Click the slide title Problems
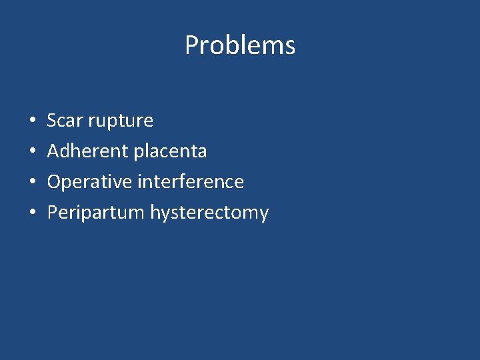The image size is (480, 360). coord(240,45)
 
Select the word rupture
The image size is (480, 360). coord(122,121)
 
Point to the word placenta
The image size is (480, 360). coord(170,151)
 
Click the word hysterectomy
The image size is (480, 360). coord(209,213)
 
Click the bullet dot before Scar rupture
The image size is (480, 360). coord(33,121)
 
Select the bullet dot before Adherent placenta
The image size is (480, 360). coord(33,152)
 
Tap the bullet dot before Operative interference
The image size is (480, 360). coord(33,183)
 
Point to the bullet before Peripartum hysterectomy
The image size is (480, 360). coord(33,213)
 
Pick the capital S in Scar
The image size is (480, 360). coord(52,121)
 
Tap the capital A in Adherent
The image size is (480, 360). coord(53,151)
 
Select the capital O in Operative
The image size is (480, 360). coord(54,182)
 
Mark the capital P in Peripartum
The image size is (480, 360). coord(52,213)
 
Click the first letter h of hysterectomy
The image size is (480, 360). coord(155,212)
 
